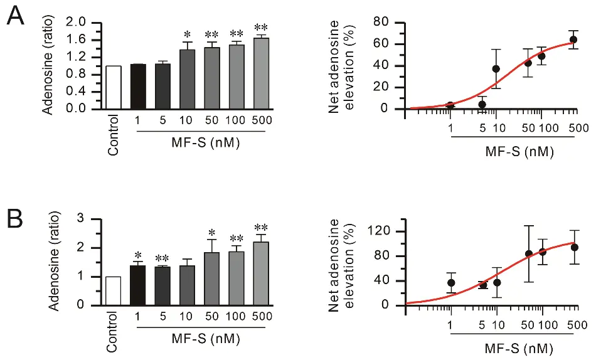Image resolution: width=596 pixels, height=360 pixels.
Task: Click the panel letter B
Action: coord(16,220)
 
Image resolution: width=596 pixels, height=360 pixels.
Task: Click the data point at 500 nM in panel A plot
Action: coord(573,40)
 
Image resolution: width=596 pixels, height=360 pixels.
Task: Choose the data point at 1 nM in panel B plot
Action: coord(451,282)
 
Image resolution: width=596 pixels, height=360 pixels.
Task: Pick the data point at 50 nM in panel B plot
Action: coord(528,254)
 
